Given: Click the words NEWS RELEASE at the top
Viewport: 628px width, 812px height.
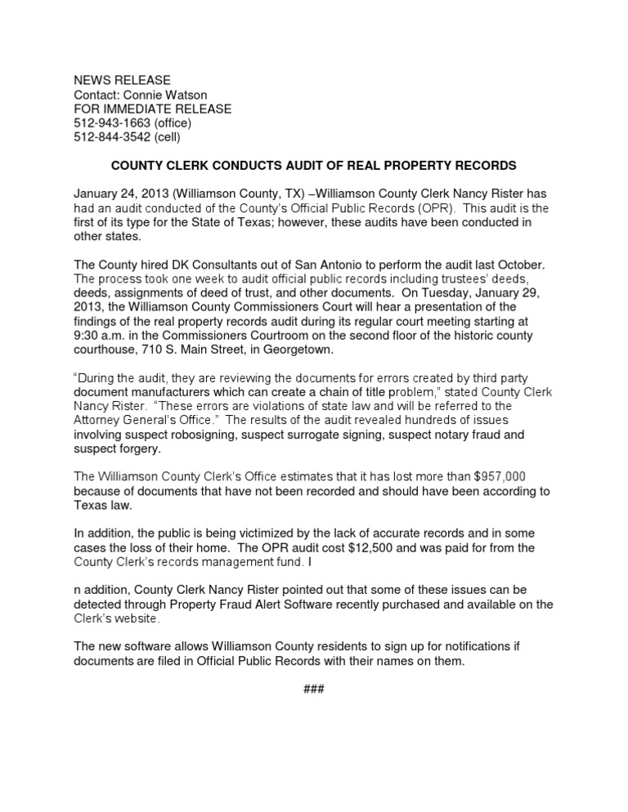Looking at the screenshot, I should [122, 80].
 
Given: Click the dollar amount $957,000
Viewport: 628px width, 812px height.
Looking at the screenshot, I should [516, 477].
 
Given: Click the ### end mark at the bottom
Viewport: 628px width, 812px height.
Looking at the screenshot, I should [314, 689].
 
